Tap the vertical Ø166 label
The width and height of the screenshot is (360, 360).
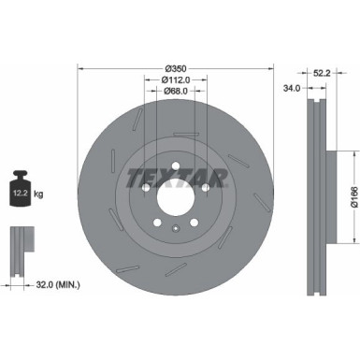point(341,198)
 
